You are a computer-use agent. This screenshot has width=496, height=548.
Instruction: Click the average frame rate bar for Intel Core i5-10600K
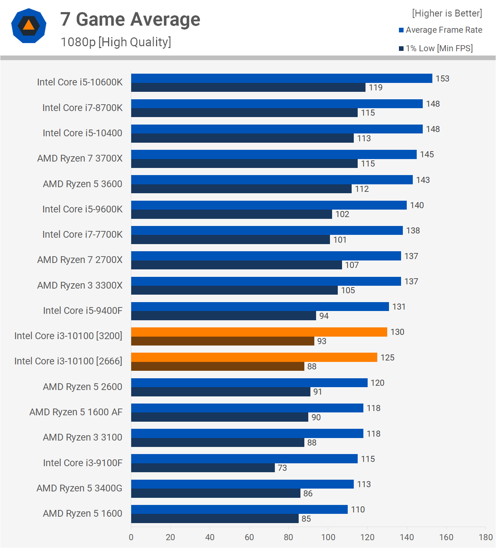point(282,78)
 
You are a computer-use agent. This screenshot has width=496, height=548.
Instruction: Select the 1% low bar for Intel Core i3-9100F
point(203,468)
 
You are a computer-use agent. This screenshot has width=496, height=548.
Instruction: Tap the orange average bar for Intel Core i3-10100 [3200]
point(259,332)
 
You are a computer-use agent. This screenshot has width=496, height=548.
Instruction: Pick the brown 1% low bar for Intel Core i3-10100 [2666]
point(218,367)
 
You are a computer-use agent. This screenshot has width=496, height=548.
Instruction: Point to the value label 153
point(443,79)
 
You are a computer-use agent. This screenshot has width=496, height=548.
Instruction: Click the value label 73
point(282,468)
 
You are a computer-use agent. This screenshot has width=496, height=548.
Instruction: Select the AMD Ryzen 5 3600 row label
point(82,184)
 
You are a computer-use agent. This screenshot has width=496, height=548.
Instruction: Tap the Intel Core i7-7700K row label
point(82,235)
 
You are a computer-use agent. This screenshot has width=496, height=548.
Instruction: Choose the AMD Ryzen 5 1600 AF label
point(76,412)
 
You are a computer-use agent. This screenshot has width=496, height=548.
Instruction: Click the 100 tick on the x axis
point(328,537)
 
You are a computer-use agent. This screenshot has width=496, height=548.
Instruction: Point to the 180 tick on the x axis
point(486,537)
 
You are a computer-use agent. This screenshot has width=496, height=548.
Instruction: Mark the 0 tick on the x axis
point(131,537)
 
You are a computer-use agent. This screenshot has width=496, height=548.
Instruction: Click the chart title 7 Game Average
point(130,19)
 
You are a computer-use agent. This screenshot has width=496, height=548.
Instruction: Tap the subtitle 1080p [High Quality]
point(116,42)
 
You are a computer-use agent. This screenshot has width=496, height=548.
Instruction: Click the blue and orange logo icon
point(29,26)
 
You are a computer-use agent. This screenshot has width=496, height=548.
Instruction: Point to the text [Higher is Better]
point(447,14)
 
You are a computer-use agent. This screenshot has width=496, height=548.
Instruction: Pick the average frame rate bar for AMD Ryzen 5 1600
point(239,510)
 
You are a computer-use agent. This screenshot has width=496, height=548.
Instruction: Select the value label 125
point(388,358)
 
